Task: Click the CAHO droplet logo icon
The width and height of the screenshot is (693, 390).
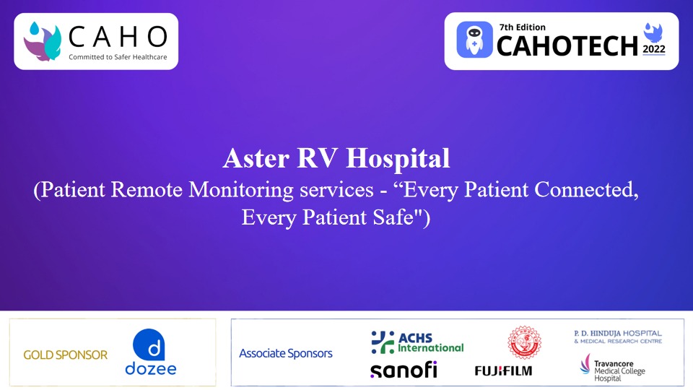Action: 43,40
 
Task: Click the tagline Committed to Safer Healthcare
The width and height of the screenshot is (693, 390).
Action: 118,57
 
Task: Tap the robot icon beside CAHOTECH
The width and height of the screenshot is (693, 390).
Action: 475,40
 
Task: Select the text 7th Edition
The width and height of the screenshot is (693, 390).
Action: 522,27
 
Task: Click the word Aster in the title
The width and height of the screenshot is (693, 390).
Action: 252,157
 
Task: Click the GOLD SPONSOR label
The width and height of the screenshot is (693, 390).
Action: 65,355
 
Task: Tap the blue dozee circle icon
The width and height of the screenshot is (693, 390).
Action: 150,344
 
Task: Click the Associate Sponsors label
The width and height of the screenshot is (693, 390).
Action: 286,353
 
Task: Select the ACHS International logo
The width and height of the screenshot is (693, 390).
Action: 417,342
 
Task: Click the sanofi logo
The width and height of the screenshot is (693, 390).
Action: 404,370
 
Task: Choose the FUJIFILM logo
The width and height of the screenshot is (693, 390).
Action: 503,370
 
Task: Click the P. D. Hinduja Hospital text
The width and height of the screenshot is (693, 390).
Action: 618,336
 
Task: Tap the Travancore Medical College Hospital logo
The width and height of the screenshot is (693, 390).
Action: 614,368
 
